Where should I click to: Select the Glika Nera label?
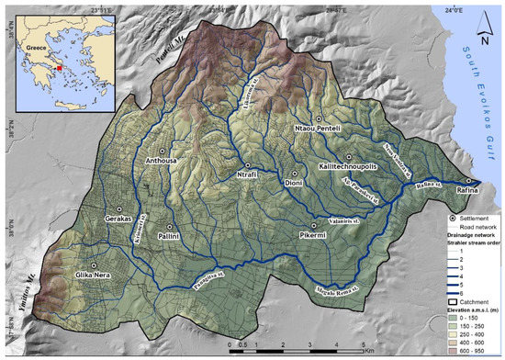[95, 274]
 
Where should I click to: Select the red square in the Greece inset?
[58, 66]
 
